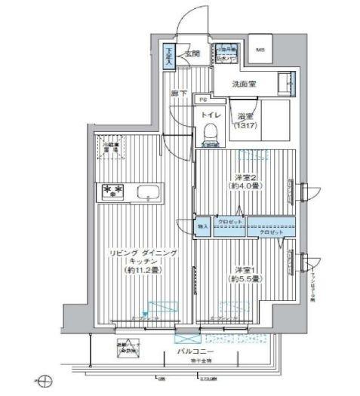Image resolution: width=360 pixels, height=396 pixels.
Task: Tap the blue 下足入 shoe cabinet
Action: [x=170, y=58]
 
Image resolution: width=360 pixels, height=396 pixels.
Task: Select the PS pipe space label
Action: [x=202, y=99]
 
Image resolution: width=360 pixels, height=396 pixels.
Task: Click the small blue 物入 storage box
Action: [x=202, y=224]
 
